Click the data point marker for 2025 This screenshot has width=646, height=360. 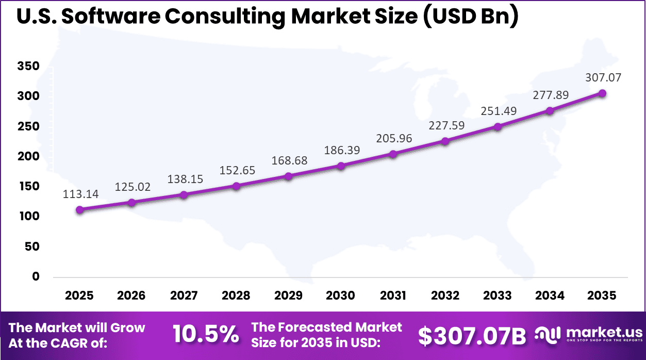click(79, 210)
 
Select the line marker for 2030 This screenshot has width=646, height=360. click(341, 166)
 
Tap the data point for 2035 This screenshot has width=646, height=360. click(602, 93)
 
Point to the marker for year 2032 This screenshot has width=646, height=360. click(445, 141)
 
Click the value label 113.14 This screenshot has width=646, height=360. click(80, 194)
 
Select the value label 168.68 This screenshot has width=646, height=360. click(289, 160)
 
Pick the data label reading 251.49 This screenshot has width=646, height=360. click(499, 111)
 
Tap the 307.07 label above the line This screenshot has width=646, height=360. click(603, 78)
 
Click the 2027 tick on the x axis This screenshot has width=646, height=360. click(184, 296)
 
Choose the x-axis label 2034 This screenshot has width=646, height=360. click(550, 296)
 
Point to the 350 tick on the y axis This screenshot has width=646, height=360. click(28, 67)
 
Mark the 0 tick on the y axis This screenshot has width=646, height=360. click(36, 276)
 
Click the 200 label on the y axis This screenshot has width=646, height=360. click(28, 156)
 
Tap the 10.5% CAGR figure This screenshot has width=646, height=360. click(206, 335)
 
